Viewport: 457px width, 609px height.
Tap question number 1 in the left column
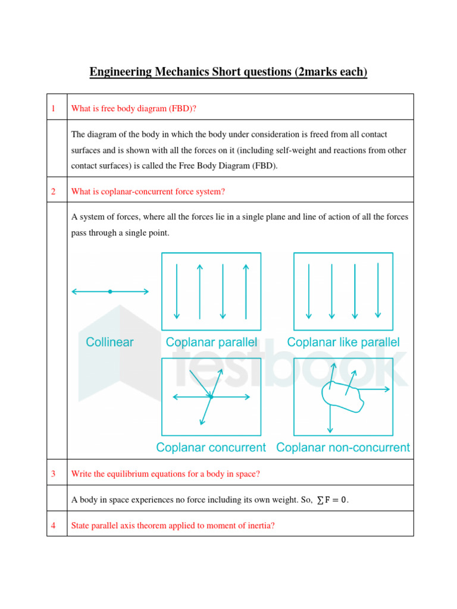pyautogui.click(x=53, y=108)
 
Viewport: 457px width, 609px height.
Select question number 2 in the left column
pyautogui.click(x=53, y=192)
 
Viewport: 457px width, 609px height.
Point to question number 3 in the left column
pyautogui.click(x=53, y=474)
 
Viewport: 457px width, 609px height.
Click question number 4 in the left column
pyautogui.click(x=53, y=526)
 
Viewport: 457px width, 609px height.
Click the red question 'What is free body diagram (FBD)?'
pyautogui.click(x=134, y=108)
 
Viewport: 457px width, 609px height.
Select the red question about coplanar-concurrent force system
pyautogui.click(x=148, y=192)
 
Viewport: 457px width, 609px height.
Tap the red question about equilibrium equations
pyautogui.click(x=165, y=474)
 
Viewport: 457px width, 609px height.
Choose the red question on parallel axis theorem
pyautogui.click(x=173, y=526)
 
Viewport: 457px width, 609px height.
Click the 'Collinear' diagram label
pyautogui.click(x=110, y=342)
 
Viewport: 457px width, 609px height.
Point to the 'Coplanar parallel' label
pyautogui.click(x=211, y=342)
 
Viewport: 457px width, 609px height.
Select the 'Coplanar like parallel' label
pyautogui.click(x=343, y=342)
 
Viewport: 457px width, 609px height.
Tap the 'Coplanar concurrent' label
pyautogui.click(x=211, y=447)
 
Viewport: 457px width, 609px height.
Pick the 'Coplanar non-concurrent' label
pyautogui.click(x=343, y=447)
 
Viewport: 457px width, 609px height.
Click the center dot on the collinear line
pyautogui.click(x=110, y=291)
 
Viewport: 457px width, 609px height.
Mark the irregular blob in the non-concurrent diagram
pyautogui.click(x=342, y=395)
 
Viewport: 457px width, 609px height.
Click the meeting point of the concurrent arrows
pyautogui.click(x=211, y=396)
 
